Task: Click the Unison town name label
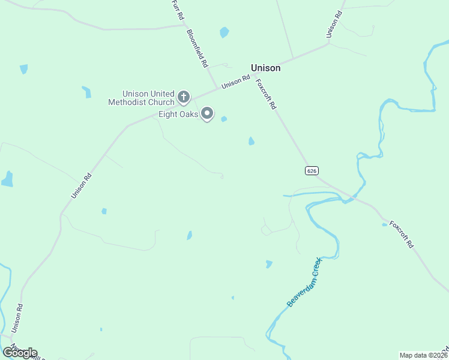tap(265, 68)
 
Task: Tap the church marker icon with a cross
tap(184, 96)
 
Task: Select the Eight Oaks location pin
tap(207, 113)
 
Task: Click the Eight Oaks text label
tap(178, 114)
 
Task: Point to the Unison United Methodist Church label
tap(141, 98)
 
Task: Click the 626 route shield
tap(311, 170)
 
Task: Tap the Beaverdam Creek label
tap(304, 282)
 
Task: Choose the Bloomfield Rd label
tap(197, 47)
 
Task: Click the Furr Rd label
tap(176, 10)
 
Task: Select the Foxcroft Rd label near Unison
tap(265, 94)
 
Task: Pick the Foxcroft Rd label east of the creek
tap(402, 235)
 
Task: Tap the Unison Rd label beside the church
tap(235, 82)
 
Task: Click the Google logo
tap(20, 352)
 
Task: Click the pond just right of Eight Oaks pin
tap(224, 119)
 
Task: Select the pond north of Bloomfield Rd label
tap(224, 32)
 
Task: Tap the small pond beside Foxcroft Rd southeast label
tap(385, 224)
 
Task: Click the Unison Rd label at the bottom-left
tap(17, 318)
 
